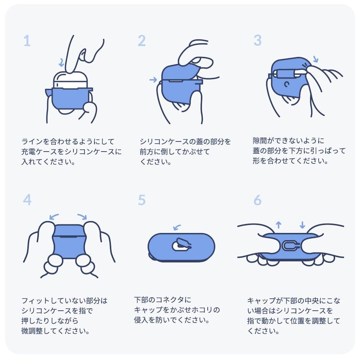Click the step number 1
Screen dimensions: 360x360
27,41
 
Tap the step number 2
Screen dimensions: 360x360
141,41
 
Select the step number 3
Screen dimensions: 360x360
258,40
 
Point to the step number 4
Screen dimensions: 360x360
27,199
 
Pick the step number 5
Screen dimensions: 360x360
141,200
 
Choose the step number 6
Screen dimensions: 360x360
258,200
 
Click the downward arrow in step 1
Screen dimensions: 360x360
61,62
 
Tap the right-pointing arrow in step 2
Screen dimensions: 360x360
153,80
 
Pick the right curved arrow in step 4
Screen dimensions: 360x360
82,216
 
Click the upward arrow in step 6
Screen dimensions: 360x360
279,225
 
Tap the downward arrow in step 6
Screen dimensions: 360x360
302,225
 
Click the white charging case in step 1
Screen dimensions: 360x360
71,80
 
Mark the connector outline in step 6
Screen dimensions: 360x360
290,246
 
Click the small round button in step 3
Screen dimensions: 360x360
287,84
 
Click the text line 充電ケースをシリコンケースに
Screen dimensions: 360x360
71,152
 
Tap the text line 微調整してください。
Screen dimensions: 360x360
55,331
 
